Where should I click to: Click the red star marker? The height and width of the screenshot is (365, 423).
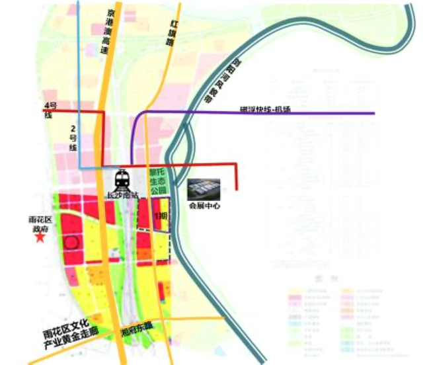[40, 237]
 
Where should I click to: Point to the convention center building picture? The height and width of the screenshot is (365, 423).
[203, 190]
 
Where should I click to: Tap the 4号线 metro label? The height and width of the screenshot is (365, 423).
[48, 110]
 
